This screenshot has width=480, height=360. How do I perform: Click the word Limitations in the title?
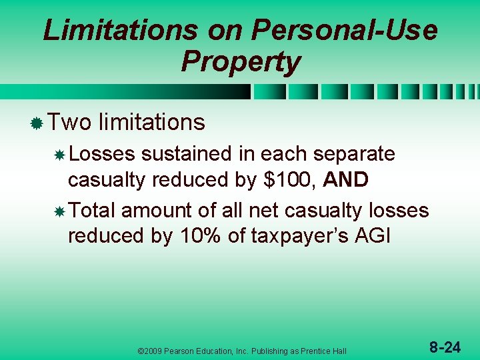120,31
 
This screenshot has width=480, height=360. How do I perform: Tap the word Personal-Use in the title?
345,31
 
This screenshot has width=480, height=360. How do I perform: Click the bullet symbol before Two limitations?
37,123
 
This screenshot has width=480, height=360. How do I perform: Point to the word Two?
70,122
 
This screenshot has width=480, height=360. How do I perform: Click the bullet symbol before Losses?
59,155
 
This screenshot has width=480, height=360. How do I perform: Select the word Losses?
101,154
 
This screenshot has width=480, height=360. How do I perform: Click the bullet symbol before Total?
59,212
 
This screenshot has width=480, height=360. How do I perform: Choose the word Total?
92,211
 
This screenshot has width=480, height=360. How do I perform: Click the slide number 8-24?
445,347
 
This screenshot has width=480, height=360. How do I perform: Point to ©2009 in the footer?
151,351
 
